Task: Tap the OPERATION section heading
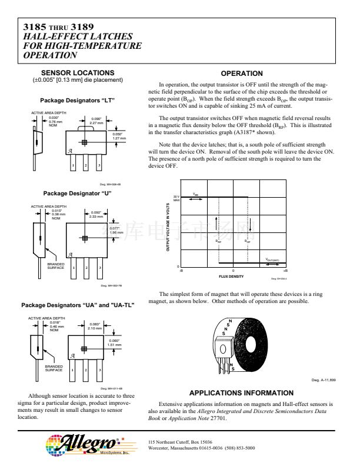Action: pos(241,74)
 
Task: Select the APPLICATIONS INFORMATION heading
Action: pos(241,393)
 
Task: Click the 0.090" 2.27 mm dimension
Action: pos(96,121)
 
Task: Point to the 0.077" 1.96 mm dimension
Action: pos(116,230)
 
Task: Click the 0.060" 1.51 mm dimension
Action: pos(115,342)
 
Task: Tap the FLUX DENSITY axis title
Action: pos(231,276)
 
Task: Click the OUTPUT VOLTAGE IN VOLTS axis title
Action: pos(168,227)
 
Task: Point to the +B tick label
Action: pos(285,271)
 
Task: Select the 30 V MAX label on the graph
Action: pos(176,198)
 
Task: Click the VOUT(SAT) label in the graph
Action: pos(272,259)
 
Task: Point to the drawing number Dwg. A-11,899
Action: pos(323,380)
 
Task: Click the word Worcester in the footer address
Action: pos(160,447)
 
